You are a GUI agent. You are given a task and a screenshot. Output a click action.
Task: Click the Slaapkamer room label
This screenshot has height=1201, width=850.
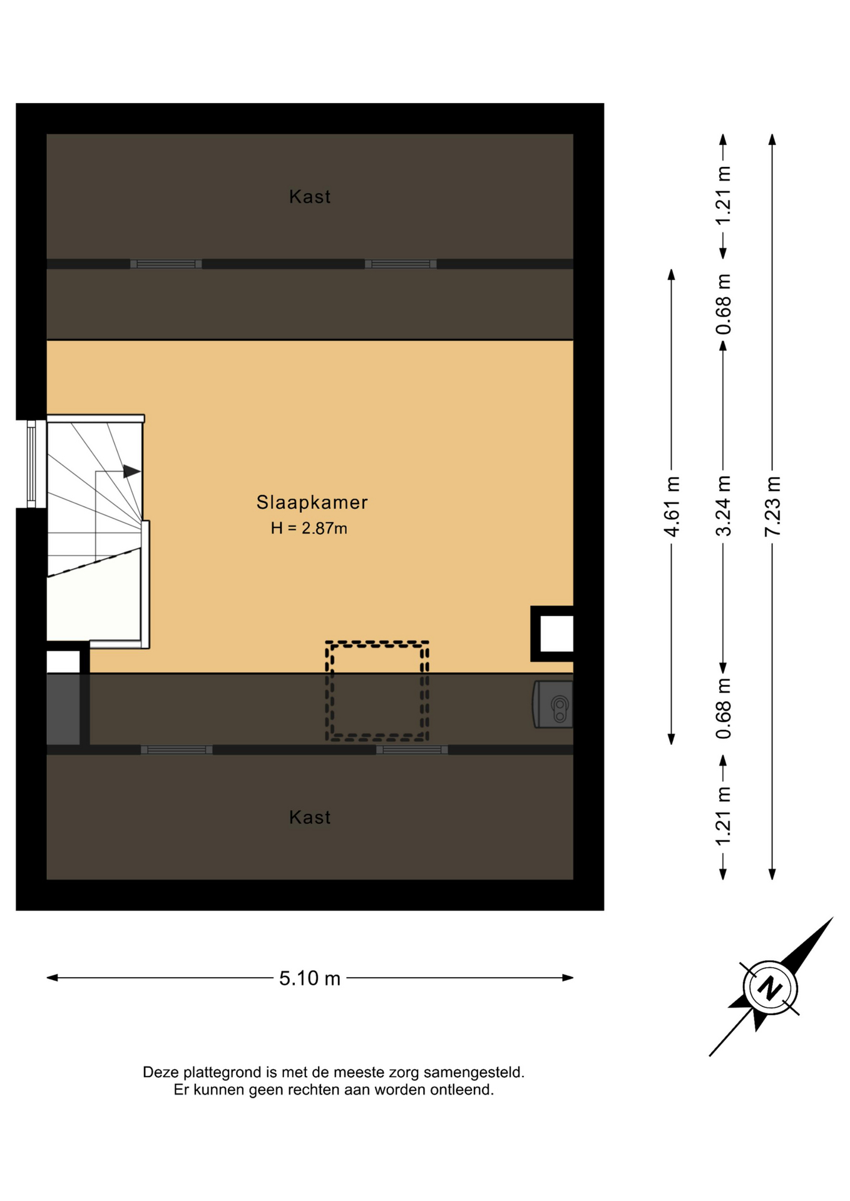pyautogui.click(x=312, y=502)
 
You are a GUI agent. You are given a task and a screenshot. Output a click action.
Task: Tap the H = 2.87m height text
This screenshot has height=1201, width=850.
pyautogui.click(x=309, y=529)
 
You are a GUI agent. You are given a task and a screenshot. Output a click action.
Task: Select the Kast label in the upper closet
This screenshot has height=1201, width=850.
pyautogui.click(x=310, y=197)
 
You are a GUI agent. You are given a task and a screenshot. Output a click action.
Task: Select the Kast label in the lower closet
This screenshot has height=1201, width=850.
pyautogui.click(x=310, y=818)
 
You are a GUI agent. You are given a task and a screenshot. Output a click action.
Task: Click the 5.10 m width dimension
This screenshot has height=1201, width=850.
pyautogui.click(x=310, y=978)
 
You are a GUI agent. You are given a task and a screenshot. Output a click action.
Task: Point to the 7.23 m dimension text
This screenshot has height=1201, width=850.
pyautogui.click(x=773, y=506)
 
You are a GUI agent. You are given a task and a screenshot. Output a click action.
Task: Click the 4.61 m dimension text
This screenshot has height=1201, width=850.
pyautogui.click(x=672, y=506)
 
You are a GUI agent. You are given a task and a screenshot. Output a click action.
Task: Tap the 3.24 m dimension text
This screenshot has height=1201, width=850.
pyautogui.click(x=723, y=506)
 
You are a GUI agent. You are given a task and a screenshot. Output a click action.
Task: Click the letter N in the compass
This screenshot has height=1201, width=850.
pyautogui.click(x=771, y=988)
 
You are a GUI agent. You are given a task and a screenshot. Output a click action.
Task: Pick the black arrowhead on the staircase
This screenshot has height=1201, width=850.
pyautogui.click(x=131, y=471)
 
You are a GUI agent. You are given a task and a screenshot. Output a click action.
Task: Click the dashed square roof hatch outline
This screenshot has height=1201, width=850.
pyautogui.click(x=377, y=691)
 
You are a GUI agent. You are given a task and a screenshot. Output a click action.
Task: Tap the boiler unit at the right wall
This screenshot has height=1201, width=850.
pyautogui.click(x=553, y=704)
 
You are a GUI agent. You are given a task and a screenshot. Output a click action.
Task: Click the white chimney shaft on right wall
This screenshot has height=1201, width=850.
pyautogui.click(x=556, y=634)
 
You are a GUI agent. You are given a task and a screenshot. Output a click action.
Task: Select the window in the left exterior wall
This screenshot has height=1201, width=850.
pyautogui.click(x=31, y=464)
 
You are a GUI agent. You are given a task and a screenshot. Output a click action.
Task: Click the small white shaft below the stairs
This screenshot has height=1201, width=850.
pyautogui.click(x=63, y=662)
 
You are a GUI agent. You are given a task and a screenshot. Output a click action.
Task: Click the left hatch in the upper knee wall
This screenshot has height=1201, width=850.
pyautogui.click(x=166, y=264)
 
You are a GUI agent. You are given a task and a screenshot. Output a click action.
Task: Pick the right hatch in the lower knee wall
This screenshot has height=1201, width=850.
pyautogui.click(x=412, y=750)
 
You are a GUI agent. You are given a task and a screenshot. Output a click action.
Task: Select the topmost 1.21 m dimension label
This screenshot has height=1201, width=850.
pyautogui.click(x=723, y=196)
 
